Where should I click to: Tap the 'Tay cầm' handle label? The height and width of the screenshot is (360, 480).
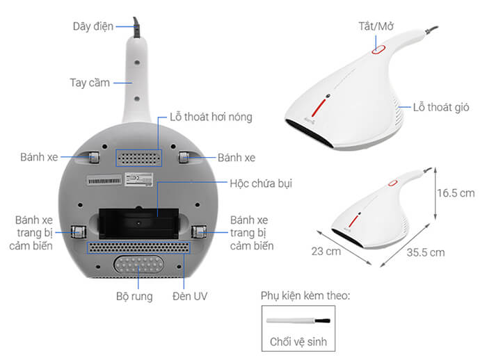click(90, 82)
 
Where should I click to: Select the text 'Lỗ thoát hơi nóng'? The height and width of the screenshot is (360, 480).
click(211, 117)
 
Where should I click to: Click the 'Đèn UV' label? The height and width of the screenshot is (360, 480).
click(190, 296)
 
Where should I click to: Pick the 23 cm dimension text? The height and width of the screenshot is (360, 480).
click(326, 251)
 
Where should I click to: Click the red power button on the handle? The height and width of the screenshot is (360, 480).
click(379, 49)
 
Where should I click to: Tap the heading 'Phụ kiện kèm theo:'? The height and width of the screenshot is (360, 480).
click(305, 296)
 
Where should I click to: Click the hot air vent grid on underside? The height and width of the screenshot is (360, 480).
click(137, 155)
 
